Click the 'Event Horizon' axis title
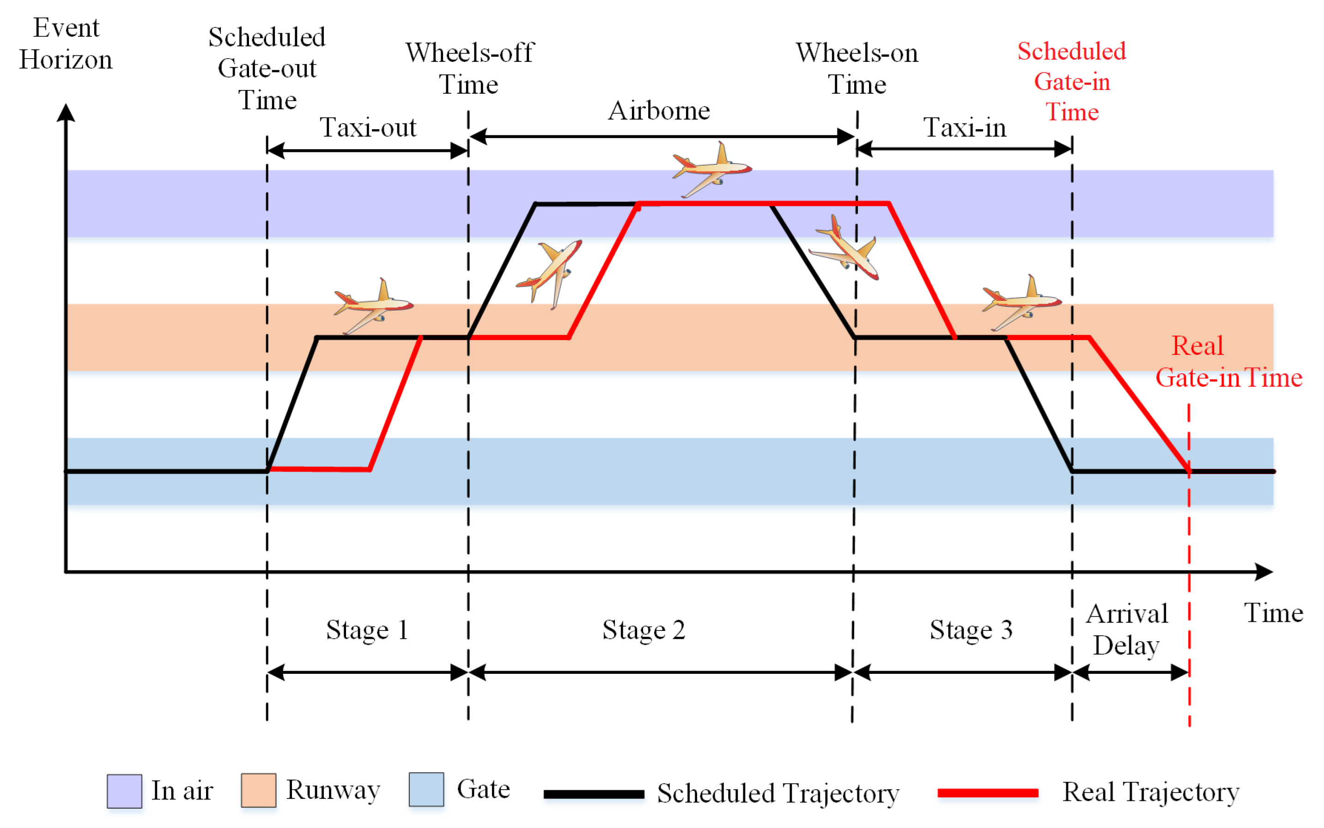pos(66,43)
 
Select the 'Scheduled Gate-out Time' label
pos(267,68)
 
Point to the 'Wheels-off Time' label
pos(469,68)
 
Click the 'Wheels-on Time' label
pos(856,68)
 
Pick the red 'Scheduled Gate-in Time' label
pos(1071,82)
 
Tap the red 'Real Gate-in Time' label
pos(1227,362)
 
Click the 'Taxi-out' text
pos(368,127)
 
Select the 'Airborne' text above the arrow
pos(659,111)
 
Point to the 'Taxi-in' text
pos(965,127)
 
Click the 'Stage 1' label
pos(367,630)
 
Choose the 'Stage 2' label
pos(644,630)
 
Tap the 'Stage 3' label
pos(971,630)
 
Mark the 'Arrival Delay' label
pos(1126,629)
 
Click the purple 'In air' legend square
pos(124,791)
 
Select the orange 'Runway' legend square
pos(258,790)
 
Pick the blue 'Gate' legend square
pos(426,789)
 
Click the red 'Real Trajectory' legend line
pos(988,792)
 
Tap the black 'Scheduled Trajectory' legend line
pos(594,793)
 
